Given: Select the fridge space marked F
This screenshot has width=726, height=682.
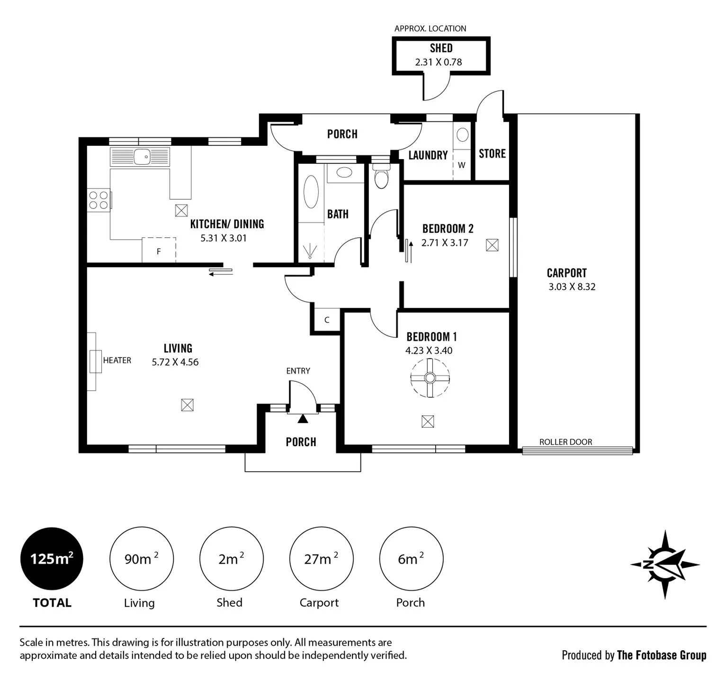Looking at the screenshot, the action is click(x=159, y=250).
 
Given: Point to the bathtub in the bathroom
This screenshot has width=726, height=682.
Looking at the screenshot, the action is click(x=311, y=192).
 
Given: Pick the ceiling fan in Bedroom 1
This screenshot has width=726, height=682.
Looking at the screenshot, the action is click(x=430, y=377).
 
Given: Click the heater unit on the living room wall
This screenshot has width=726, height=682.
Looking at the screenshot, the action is click(x=95, y=361).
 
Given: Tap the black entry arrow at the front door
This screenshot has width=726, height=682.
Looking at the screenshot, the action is click(x=303, y=418).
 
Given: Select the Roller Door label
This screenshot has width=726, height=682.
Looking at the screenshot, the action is click(x=565, y=442).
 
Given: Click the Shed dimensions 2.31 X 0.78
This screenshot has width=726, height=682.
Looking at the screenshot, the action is click(x=439, y=62).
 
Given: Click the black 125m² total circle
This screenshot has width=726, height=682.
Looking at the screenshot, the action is click(x=52, y=559).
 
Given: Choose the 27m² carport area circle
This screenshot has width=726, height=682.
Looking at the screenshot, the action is click(x=321, y=559).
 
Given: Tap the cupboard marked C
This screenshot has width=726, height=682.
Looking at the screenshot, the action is click(x=327, y=320).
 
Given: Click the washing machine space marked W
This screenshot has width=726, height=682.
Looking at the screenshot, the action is click(x=461, y=165).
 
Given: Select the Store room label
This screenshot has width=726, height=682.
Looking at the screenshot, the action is click(x=492, y=153).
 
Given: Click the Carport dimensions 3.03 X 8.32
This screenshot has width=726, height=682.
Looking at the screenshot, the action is click(x=572, y=287).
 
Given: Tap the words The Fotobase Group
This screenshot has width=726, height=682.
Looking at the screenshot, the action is click(x=662, y=655).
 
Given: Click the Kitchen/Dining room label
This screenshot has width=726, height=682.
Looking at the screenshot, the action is click(x=227, y=224).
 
